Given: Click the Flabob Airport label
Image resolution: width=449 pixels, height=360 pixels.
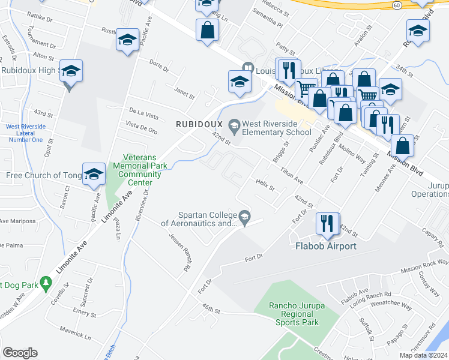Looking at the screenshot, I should coord(325,246).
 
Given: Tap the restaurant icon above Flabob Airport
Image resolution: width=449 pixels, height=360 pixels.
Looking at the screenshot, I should coord(327,224).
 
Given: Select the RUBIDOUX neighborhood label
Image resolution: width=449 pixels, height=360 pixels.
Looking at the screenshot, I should coord(198,124).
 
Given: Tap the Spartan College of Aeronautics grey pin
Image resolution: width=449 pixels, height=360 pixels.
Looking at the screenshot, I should coord(244,215).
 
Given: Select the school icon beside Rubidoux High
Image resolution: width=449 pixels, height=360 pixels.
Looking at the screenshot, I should coord(71,72).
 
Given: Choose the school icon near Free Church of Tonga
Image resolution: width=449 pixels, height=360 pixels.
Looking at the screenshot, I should coord(94,175).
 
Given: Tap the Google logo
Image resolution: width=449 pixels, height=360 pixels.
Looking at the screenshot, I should coord(20,353).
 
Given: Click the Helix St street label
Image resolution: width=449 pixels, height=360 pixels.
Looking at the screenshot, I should coord(265,185).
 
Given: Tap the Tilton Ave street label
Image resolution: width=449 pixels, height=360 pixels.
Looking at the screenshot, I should coord(291,175).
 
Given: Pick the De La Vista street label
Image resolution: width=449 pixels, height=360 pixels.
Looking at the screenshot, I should coord(143,113).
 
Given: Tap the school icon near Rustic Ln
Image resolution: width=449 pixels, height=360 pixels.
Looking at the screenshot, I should coord(127,40).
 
